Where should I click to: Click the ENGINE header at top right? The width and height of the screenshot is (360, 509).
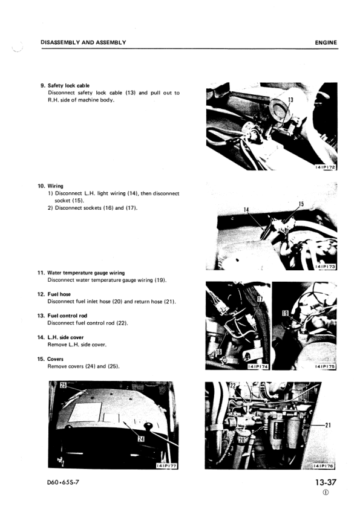click(326, 42)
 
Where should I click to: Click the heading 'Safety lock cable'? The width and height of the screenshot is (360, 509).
click(68, 86)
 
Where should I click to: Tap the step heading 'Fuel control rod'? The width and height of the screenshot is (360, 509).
click(67, 316)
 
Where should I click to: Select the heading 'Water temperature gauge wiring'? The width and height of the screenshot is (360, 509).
click(86, 273)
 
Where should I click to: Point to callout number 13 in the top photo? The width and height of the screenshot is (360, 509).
click(291, 100)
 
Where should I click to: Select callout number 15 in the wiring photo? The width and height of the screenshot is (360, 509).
click(301, 204)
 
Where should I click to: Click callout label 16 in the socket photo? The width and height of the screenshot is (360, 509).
click(218, 352)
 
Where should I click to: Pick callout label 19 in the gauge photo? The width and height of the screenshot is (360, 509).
click(285, 313)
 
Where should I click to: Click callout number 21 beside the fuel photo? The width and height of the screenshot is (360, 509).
click(328, 425)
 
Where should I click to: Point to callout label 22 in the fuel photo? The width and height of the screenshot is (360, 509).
click(232, 386)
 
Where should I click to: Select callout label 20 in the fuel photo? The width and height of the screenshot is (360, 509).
click(242, 440)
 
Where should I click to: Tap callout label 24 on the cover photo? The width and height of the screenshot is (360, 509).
click(141, 439)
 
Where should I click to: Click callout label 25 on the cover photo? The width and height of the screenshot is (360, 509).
click(63, 385)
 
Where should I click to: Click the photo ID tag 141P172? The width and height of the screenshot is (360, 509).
click(326, 167)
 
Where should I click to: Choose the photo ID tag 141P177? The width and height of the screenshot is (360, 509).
click(166, 466)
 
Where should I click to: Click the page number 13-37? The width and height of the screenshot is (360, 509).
click(326, 482)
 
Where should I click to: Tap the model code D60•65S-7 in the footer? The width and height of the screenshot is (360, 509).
click(64, 482)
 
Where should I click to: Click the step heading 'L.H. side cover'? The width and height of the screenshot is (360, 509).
click(65, 337)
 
